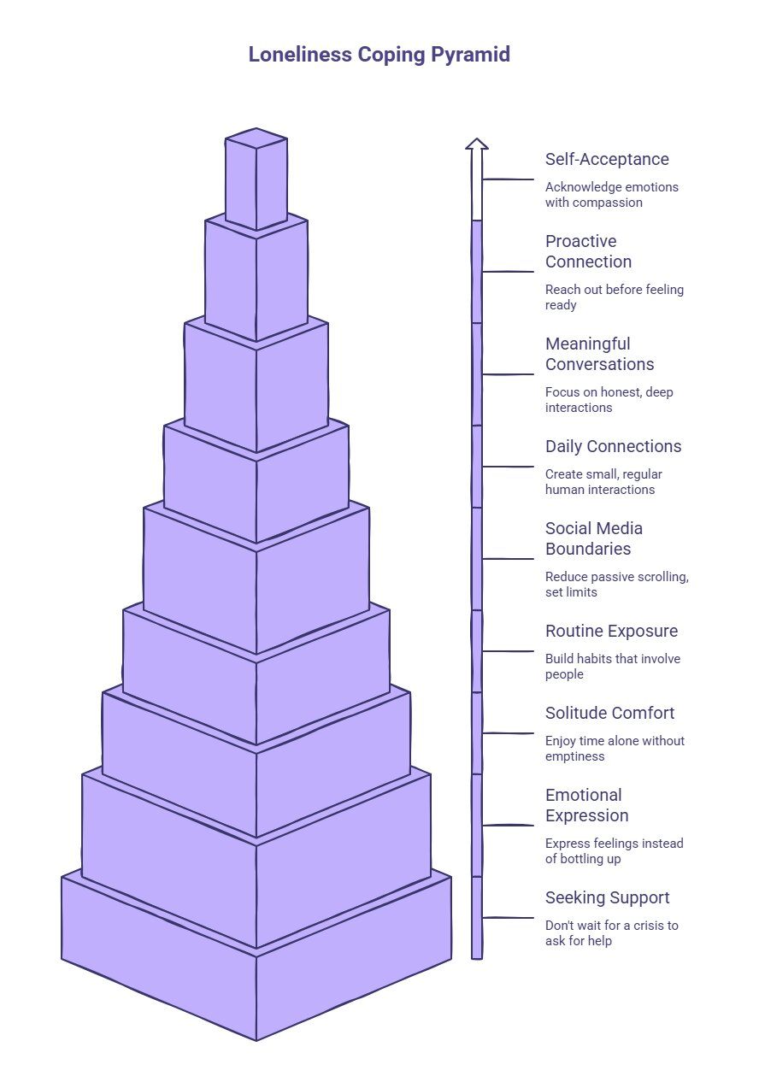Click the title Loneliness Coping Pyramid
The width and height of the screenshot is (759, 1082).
[x=379, y=55]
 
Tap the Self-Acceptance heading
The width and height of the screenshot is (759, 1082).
[x=607, y=160]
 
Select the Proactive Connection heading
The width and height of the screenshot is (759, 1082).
[x=588, y=251]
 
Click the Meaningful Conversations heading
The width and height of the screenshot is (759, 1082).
[x=599, y=354]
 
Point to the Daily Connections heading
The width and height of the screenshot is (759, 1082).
[x=613, y=446]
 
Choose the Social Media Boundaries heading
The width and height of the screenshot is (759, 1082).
[x=594, y=538]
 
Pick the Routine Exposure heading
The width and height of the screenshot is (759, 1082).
[x=612, y=631]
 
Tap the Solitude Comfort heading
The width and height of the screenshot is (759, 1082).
[x=609, y=713]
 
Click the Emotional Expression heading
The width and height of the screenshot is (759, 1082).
[x=587, y=805]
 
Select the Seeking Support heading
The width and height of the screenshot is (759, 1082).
[x=608, y=898]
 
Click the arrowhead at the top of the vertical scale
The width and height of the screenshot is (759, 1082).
[x=477, y=144]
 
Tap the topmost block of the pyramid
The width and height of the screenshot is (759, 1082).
[x=256, y=179]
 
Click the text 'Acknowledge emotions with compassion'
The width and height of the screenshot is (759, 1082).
[x=612, y=195]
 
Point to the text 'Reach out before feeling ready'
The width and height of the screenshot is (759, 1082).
[x=615, y=297]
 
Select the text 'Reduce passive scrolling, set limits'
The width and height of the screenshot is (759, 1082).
[x=617, y=584]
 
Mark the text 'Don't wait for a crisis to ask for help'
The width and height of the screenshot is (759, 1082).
[x=612, y=933]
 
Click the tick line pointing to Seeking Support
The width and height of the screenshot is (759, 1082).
[x=508, y=917]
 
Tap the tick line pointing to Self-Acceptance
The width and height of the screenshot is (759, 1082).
[x=508, y=179]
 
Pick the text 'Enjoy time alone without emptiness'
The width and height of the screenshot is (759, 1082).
[x=615, y=748]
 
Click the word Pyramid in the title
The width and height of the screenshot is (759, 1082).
[x=470, y=55]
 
